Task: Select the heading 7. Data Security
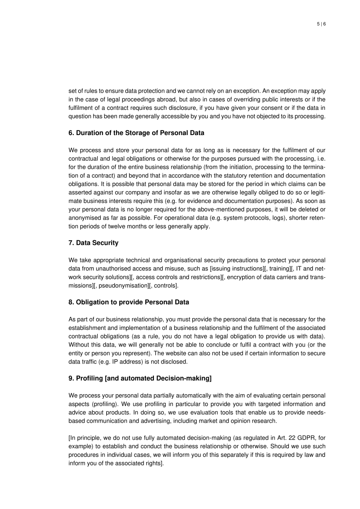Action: pos(94,243)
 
